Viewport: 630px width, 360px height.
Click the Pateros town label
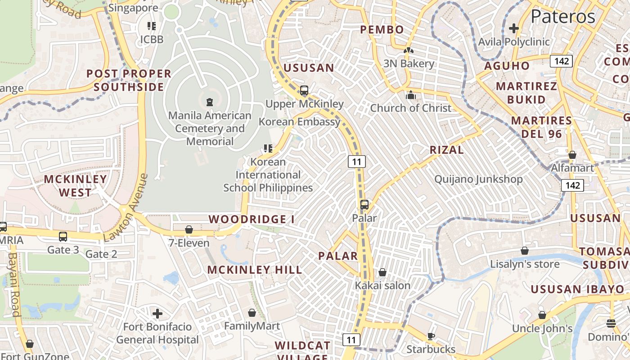(x=563, y=17)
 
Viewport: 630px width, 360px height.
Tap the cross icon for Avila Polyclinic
(x=513, y=28)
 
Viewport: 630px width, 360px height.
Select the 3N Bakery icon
(x=408, y=51)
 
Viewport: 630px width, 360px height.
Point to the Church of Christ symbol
(x=410, y=95)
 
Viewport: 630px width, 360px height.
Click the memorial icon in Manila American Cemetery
(x=209, y=102)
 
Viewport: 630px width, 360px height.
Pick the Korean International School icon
(x=268, y=148)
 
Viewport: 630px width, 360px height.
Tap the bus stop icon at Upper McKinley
(x=304, y=90)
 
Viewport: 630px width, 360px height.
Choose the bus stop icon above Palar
(x=364, y=205)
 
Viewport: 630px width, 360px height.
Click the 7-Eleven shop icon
(x=189, y=230)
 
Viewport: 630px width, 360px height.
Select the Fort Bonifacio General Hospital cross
(x=157, y=313)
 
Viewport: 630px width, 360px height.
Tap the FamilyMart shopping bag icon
(x=252, y=313)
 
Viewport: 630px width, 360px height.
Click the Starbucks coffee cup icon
(x=431, y=336)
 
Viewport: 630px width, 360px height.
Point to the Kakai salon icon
(x=382, y=272)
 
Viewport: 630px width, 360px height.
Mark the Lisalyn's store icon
(x=524, y=251)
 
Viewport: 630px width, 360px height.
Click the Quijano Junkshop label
(x=478, y=179)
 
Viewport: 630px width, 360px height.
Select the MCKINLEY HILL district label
(x=254, y=270)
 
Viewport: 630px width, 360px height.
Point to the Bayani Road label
(x=13, y=284)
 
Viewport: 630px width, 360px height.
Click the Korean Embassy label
(x=299, y=122)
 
